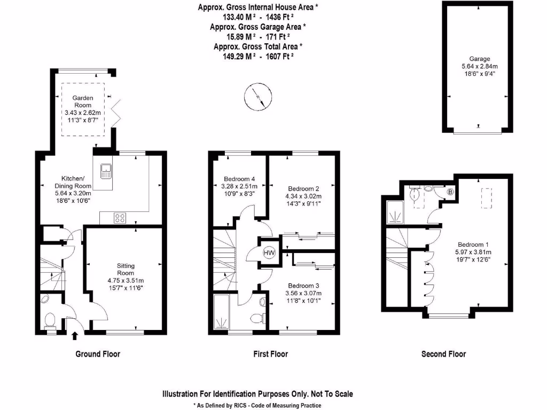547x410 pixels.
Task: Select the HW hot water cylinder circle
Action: point(269,253)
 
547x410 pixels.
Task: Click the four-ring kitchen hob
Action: point(120,218)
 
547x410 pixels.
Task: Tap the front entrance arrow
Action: point(75,335)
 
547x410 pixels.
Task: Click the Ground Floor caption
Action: point(98,354)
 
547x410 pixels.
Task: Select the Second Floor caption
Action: point(443,354)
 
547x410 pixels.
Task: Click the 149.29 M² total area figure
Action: point(239,56)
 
